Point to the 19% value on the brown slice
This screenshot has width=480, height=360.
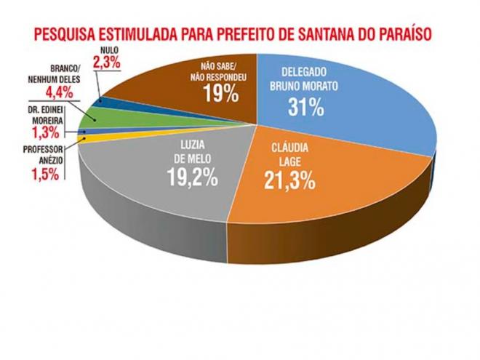click(222, 93)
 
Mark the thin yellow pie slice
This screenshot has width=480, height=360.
click(87, 138)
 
